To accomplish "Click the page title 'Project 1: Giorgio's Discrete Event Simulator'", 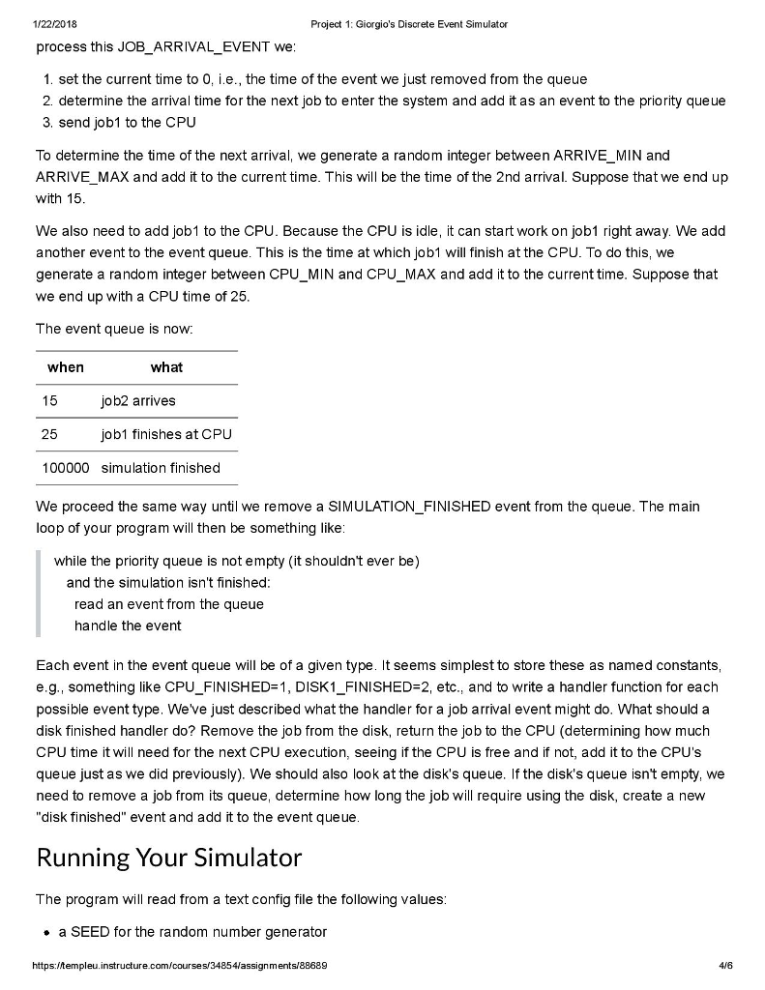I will (409, 24).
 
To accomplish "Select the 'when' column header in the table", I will (66, 367).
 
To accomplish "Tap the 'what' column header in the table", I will (166, 367).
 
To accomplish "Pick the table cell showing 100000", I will (66, 468).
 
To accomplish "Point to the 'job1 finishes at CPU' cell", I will (166, 434).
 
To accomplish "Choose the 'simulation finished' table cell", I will (161, 468).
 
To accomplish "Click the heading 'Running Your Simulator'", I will (169, 858).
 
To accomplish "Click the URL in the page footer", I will (181, 966).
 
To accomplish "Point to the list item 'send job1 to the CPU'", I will (127, 123).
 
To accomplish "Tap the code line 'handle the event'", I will (128, 626).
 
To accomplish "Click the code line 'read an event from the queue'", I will (169, 604).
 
